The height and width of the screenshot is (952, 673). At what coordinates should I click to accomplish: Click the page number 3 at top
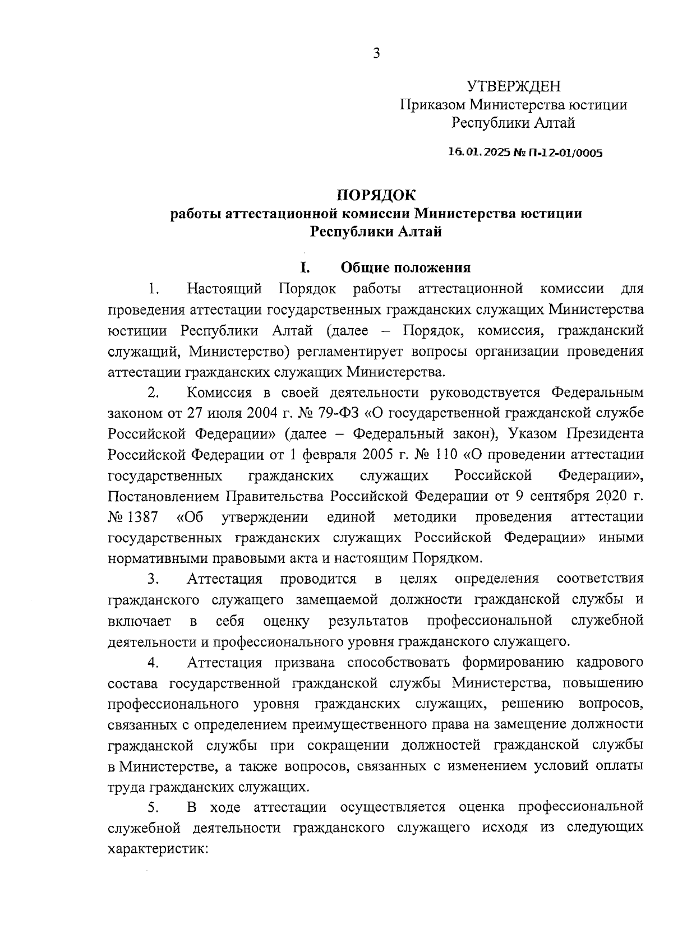(376, 54)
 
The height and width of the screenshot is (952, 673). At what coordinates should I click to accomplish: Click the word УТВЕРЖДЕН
(514, 87)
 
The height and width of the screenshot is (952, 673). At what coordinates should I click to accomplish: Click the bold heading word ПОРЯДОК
(376, 195)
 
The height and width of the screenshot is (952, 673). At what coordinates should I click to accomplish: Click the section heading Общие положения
(406, 267)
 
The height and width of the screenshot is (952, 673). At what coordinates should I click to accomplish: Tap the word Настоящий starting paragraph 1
(225, 289)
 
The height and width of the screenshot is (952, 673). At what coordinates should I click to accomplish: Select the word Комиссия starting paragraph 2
(219, 392)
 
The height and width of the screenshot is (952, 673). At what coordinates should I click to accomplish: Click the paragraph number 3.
(153, 579)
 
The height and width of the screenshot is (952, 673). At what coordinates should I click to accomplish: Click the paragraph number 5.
(153, 807)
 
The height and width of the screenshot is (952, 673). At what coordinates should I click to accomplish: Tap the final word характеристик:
(158, 849)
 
